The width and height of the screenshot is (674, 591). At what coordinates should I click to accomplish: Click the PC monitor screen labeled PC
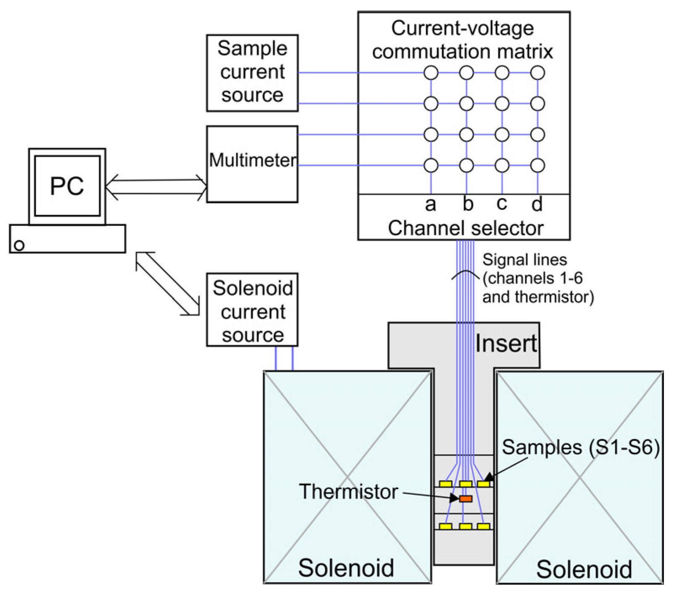67,186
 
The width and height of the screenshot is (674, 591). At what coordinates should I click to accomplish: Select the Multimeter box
252,164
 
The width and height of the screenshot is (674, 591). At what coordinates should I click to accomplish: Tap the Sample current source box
252,72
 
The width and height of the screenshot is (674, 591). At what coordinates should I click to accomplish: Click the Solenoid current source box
252,310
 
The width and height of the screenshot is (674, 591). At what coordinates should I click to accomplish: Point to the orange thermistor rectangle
466,499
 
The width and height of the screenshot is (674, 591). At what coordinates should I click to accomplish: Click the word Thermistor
348,492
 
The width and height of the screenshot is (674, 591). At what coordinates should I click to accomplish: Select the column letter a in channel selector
430,204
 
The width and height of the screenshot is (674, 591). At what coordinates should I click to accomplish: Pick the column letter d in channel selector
537,204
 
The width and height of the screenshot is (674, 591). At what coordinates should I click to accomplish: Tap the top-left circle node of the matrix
431,73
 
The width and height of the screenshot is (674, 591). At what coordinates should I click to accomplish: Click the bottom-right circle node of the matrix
537,165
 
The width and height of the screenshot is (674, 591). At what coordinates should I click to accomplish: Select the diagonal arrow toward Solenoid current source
167,283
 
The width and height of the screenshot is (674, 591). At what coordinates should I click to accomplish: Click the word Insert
506,344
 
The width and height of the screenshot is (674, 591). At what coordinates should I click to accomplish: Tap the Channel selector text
465,228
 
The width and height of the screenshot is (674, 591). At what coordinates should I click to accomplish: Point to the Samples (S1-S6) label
580,447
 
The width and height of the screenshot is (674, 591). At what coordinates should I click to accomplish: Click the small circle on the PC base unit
19,245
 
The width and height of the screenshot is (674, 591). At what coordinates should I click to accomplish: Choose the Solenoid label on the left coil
346,568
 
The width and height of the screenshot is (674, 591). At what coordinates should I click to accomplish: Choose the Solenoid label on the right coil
584,570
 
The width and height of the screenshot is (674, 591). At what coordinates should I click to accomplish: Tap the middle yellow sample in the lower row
466,526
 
